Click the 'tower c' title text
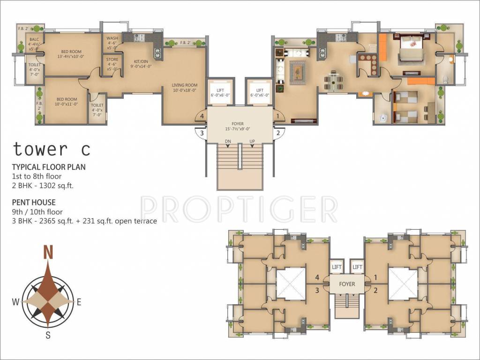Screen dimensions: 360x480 pos(51,149)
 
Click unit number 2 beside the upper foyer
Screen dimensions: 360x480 pos(277,133)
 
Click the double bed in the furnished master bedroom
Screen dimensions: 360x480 pos(412,52)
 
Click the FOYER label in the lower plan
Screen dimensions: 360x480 pos(347,284)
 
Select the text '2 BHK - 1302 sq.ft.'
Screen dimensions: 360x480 pos(44,185)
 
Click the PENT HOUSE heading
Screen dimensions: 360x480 pos(34,202)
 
